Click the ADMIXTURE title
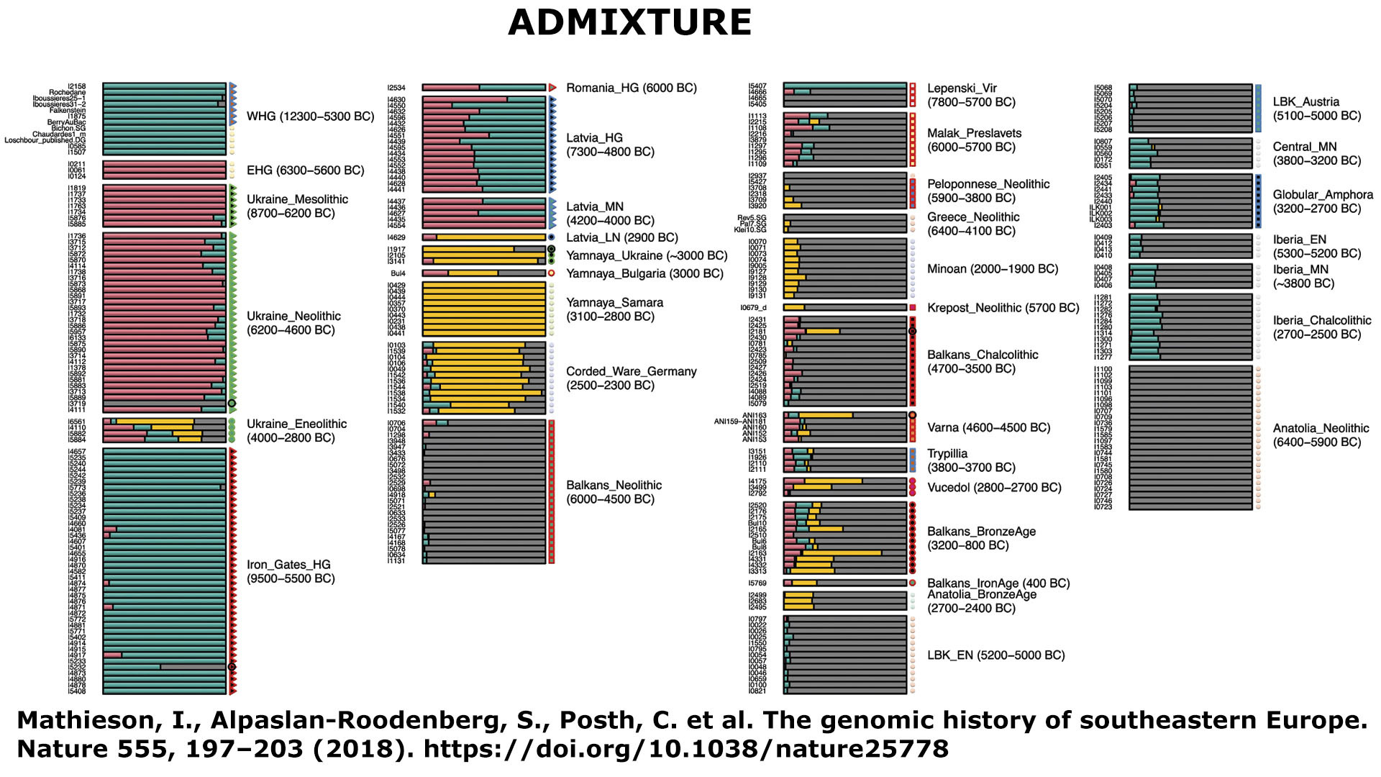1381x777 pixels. [x=629, y=23]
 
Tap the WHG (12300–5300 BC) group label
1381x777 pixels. [x=310, y=117]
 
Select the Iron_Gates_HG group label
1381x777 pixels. [x=291, y=571]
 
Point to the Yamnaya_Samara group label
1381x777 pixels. [x=614, y=309]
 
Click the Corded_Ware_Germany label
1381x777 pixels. [x=631, y=378]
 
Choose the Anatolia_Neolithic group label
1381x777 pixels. [x=1321, y=435]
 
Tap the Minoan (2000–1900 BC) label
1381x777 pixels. [x=993, y=269]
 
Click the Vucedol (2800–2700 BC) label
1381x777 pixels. [x=994, y=488]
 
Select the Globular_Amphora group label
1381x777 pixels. [x=1322, y=201]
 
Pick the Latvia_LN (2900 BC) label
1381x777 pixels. [x=621, y=238]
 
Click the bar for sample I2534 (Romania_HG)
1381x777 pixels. [x=483, y=88]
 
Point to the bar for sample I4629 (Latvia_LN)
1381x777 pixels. [x=483, y=237]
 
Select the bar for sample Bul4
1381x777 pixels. [x=483, y=273]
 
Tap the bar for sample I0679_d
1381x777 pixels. [x=844, y=308]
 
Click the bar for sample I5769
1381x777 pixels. [x=844, y=583]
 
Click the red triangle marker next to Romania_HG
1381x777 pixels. [x=552, y=88]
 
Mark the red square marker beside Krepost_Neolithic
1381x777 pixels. [x=913, y=308]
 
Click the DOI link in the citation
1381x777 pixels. [x=685, y=750]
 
